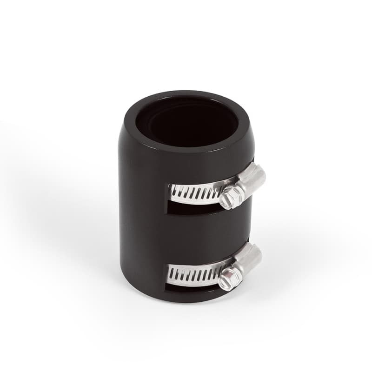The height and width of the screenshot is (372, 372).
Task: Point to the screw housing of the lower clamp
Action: [x=248, y=260]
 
